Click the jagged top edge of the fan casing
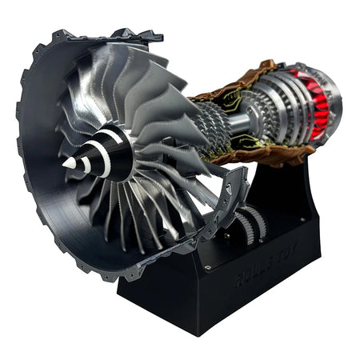120,36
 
